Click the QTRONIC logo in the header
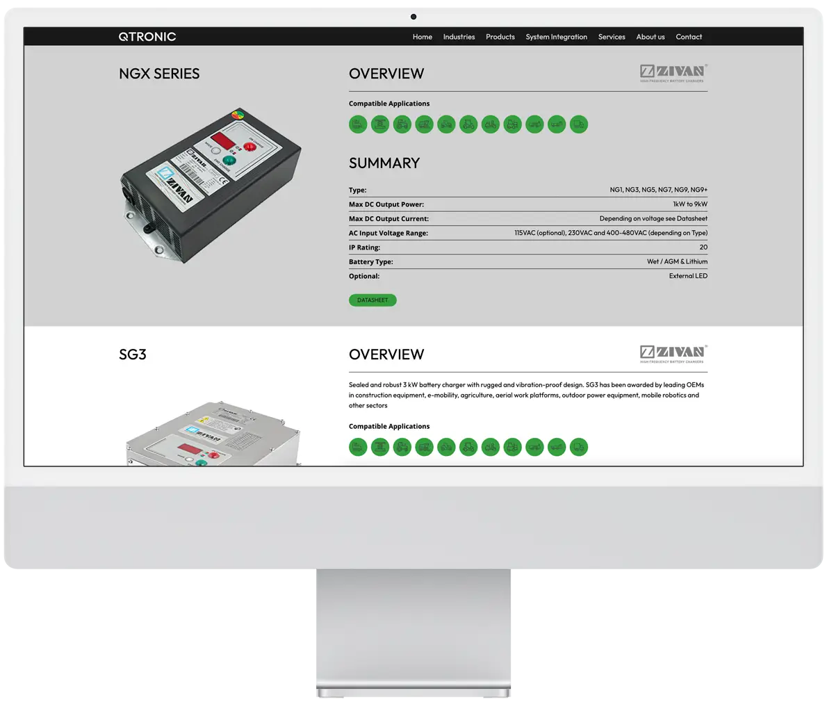point(147,37)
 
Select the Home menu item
point(422,37)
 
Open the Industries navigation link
point(459,37)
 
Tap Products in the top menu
point(500,37)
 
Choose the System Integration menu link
point(556,37)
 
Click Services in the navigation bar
point(612,37)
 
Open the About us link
point(650,37)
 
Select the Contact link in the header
point(689,37)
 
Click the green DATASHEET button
point(372,300)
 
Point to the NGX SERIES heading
point(159,74)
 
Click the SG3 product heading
point(133,354)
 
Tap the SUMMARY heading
point(384,163)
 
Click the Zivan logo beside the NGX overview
point(673,73)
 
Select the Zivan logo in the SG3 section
point(673,354)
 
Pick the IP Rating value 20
point(703,247)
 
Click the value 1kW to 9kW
point(689,204)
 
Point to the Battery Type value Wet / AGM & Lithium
point(677,262)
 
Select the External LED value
point(688,276)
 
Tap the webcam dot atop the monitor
point(413,17)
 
